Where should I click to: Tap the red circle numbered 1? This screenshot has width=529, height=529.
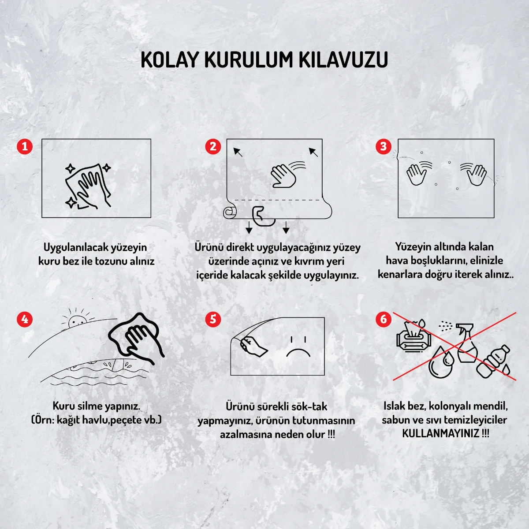coord(25,146)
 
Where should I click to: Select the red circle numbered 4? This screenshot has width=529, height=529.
coord(25,319)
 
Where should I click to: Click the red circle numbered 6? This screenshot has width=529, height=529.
coord(383,319)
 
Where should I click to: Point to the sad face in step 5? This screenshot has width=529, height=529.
coord(298,347)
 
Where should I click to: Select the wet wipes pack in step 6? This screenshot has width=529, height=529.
coord(413,338)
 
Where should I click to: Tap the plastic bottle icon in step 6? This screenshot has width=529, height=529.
coord(496,361)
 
